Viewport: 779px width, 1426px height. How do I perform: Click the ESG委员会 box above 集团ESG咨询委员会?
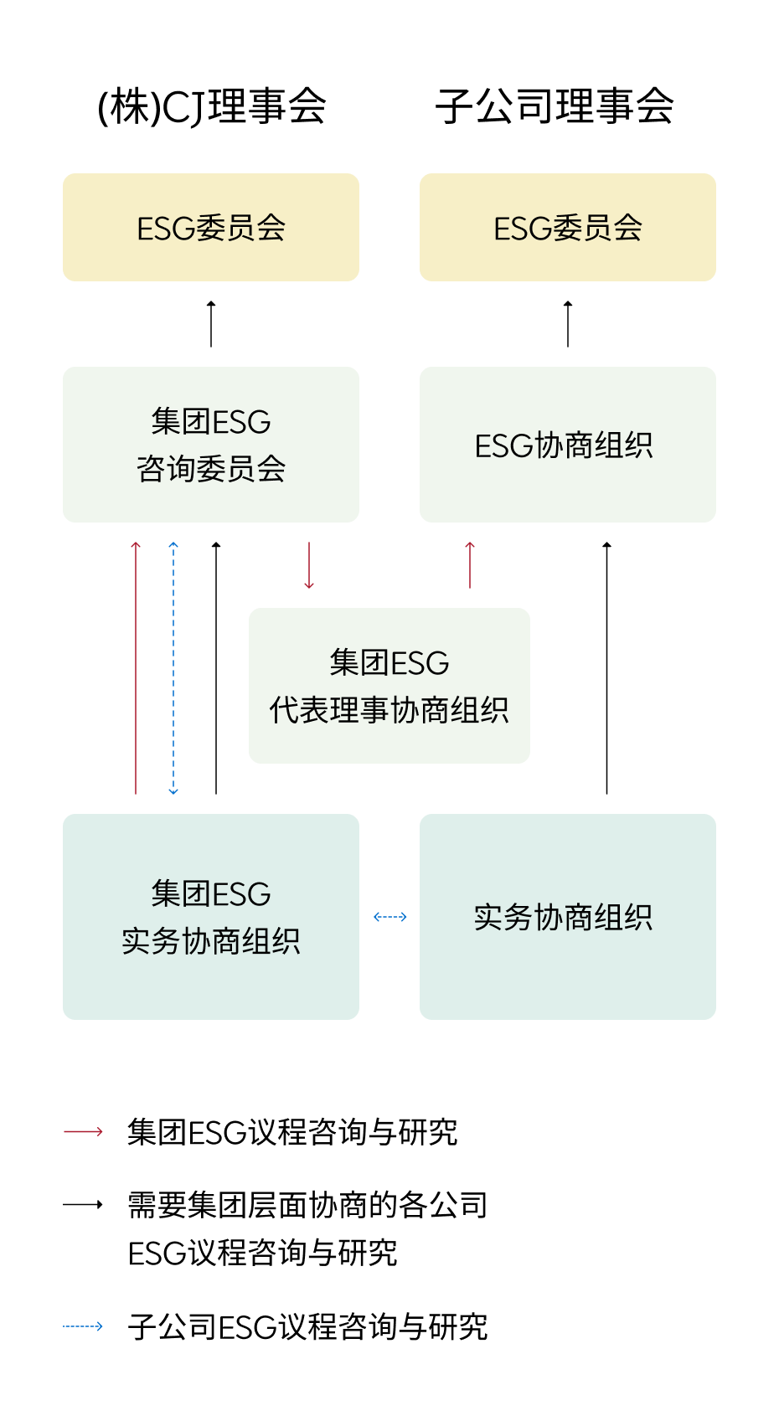coord(211,227)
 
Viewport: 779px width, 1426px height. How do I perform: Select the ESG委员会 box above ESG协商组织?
coord(567,227)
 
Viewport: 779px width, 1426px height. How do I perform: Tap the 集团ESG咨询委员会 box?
coord(211,445)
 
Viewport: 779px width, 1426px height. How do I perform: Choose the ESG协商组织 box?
coord(567,445)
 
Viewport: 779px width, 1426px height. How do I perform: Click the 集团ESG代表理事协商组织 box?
coord(389,685)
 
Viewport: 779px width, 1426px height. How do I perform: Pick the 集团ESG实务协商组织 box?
coord(211,916)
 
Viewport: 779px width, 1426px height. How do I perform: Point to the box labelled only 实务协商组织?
coord(567,916)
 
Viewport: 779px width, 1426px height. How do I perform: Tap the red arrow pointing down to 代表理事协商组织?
coord(309,565)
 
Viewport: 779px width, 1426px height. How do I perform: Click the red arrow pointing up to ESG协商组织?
coord(470,565)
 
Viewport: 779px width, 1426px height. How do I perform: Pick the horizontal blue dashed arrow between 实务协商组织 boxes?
coord(389,917)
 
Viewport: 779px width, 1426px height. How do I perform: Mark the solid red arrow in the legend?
coord(83,1131)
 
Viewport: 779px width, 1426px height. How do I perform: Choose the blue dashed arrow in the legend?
coord(83,1326)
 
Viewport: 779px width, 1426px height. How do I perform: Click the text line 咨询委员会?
coord(211,469)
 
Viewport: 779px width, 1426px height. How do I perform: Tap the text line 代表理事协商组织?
coord(389,710)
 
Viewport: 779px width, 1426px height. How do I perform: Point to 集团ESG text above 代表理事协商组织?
coord(389,663)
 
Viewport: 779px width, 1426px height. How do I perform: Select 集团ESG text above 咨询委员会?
coord(211,422)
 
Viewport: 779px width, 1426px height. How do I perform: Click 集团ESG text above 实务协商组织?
coord(211,894)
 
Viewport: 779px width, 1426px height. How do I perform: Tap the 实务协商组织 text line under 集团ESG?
coord(211,941)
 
